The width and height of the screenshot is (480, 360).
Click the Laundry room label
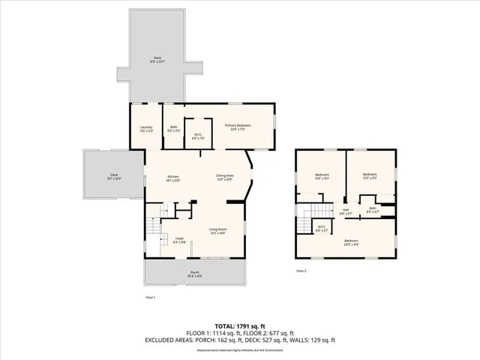coord(146,128)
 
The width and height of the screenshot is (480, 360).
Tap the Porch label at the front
coord(194,273)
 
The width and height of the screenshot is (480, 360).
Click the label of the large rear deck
coord(157,58)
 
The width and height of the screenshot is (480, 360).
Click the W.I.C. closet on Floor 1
coord(199,136)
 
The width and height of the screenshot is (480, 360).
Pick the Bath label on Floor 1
coord(173,128)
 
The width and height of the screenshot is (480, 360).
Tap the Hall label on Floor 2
coord(346,211)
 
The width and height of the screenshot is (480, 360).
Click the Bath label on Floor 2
coord(372,211)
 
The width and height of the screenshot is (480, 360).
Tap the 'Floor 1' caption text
coord(150,297)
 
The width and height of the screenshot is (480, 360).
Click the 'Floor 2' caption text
coord(301,270)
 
